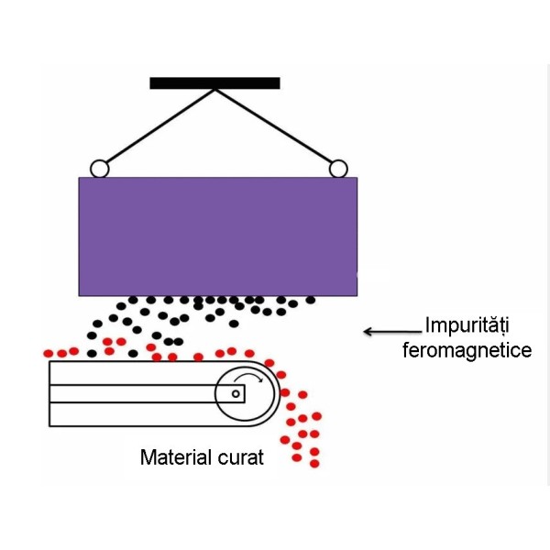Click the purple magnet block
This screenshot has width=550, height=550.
[x=217, y=236]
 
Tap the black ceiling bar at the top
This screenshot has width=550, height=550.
[x=214, y=82]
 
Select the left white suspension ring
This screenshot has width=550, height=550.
[x=98, y=169]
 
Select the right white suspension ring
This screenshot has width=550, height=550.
[x=337, y=169]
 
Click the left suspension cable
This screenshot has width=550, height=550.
[x=156, y=126]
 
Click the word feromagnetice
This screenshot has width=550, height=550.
[x=467, y=350]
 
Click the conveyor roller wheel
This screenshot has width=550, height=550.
[x=245, y=394]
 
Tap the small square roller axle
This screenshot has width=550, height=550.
[x=236, y=394]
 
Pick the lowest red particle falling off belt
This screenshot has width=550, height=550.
[x=314, y=464]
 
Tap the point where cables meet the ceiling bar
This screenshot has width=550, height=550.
[x=214, y=89]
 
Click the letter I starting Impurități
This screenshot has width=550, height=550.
[x=426, y=325]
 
